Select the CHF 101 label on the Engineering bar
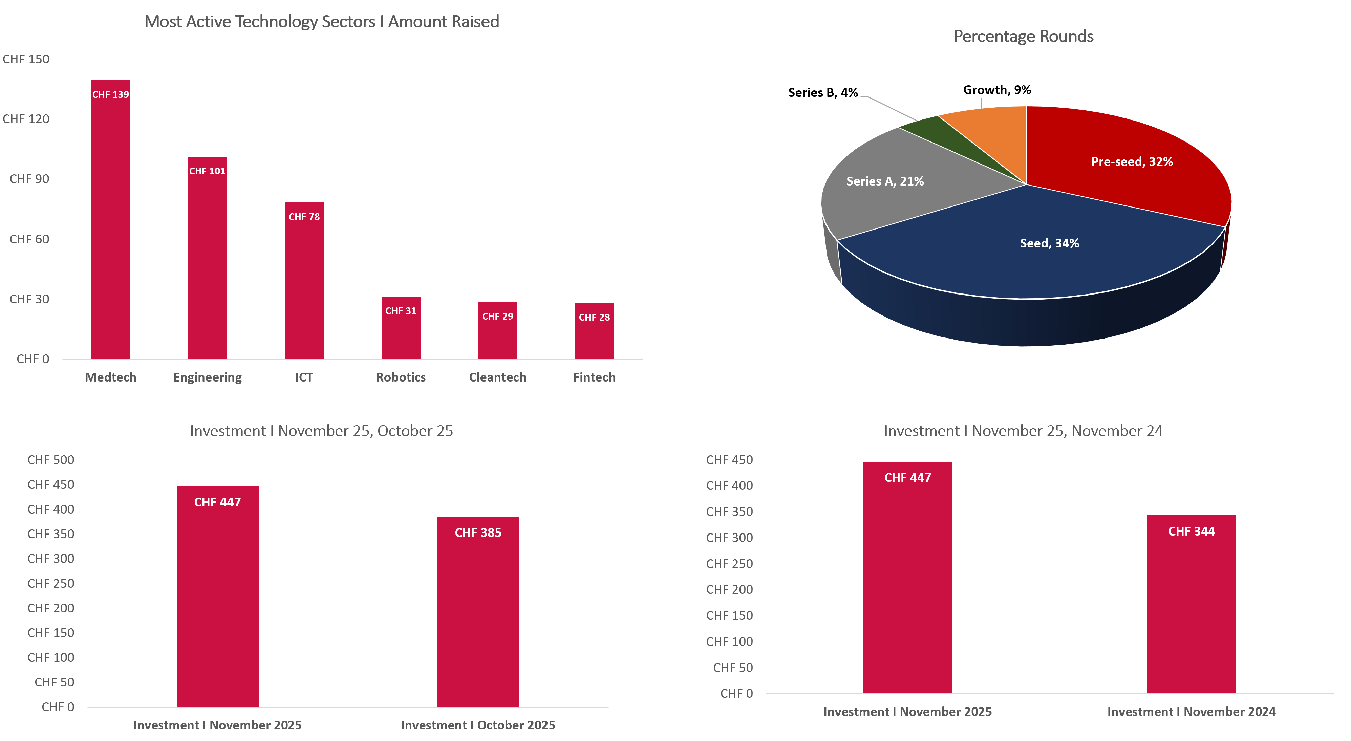(207, 171)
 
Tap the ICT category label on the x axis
(304, 377)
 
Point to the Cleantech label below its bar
(497, 377)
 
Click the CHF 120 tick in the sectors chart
(26, 119)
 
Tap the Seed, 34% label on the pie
(1049, 243)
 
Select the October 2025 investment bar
(478, 619)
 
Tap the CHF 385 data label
(478, 532)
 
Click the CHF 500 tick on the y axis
(51, 460)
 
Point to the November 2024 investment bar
(1191, 614)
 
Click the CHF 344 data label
(1191, 531)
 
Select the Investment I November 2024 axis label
(1191, 712)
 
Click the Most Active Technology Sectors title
(321, 22)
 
